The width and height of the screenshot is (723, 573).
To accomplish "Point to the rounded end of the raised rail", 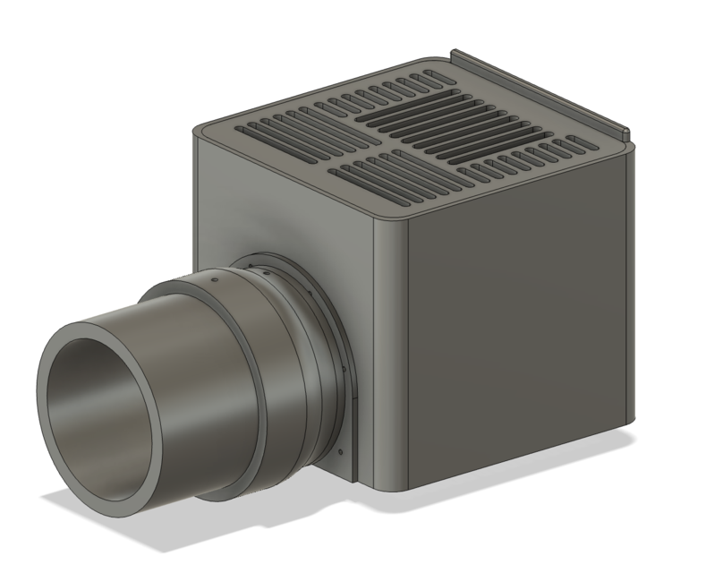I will [625, 135].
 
